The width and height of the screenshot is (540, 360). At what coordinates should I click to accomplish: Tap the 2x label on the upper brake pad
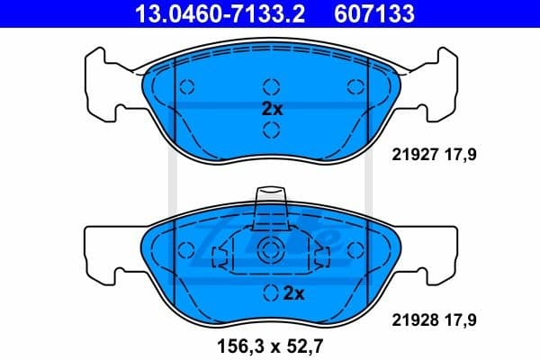pyautogui.click(x=271, y=109)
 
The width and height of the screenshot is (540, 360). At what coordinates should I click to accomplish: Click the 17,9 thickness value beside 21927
pyautogui.click(x=459, y=154)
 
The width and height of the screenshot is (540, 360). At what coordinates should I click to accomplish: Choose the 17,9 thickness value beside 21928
pyautogui.click(x=459, y=319)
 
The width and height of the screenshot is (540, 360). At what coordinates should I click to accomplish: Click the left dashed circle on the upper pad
pyautogui.click(x=187, y=87)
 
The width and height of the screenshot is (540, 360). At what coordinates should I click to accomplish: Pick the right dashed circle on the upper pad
pyautogui.click(x=355, y=87)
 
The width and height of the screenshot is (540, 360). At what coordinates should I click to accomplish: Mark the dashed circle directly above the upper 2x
pyautogui.click(x=271, y=87)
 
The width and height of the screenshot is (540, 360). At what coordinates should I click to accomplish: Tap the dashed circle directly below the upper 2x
pyautogui.click(x=271, y=131)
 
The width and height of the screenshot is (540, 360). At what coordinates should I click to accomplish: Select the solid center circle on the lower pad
pyautogui.click(x=271, y=251)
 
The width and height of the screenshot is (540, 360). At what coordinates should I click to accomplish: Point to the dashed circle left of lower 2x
pyautogui.click(x=269, y=292)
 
